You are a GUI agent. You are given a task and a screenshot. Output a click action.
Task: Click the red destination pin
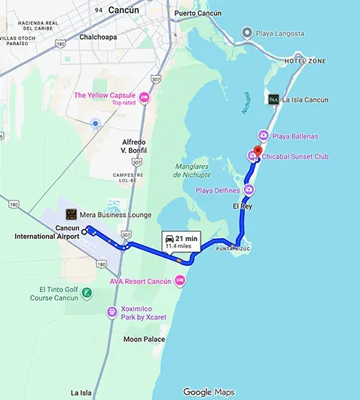(256, 149)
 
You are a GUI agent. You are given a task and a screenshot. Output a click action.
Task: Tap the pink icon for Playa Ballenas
(263, 136)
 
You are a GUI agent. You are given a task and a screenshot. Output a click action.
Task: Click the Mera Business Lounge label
(118, 215)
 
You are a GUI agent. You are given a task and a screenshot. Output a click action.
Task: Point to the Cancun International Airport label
(47, 232)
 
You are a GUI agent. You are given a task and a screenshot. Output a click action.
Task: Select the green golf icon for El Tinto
(87, 292)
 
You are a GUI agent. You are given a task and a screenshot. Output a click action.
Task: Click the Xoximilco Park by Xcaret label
(143, 313)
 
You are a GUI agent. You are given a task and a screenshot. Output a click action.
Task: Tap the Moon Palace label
(144, 339)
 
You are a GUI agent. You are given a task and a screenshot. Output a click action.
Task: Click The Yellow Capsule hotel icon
(145, 97)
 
